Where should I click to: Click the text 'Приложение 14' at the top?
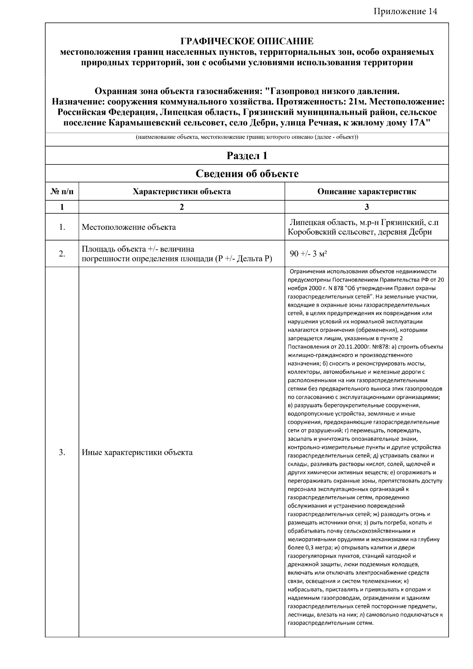click(405, 11)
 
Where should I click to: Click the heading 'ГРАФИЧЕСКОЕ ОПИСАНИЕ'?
click(247, 41)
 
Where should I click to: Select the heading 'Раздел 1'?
click(247, 156)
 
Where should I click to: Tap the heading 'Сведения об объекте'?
click(247, 173)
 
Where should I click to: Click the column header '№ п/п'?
click(62, 192)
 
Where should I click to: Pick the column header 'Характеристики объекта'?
click(182, 192)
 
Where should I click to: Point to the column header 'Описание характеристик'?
click(367, 192)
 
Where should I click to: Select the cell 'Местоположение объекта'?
click(128, 227)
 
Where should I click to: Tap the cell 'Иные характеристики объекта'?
click(137, 452)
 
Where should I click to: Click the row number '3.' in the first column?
click(62, 452)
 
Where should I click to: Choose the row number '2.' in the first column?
click(62, 253)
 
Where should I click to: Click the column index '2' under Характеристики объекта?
click(182, 207)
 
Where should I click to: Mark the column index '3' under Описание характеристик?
click(367, 207)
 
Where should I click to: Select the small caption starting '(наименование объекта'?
click(247, 138)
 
